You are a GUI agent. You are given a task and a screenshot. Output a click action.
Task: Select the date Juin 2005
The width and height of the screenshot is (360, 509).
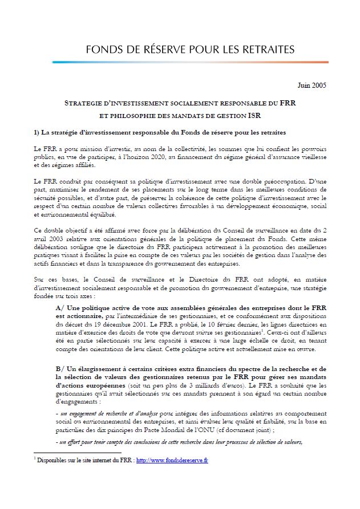coord(313,85)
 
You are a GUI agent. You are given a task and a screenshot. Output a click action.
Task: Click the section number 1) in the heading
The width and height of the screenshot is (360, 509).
coord(38,133)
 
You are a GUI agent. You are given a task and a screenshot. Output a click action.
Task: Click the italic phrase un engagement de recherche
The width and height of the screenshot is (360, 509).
coord(91,412)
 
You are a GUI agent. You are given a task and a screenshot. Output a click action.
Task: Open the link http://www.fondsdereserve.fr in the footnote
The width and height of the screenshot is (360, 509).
coord(172,461)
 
